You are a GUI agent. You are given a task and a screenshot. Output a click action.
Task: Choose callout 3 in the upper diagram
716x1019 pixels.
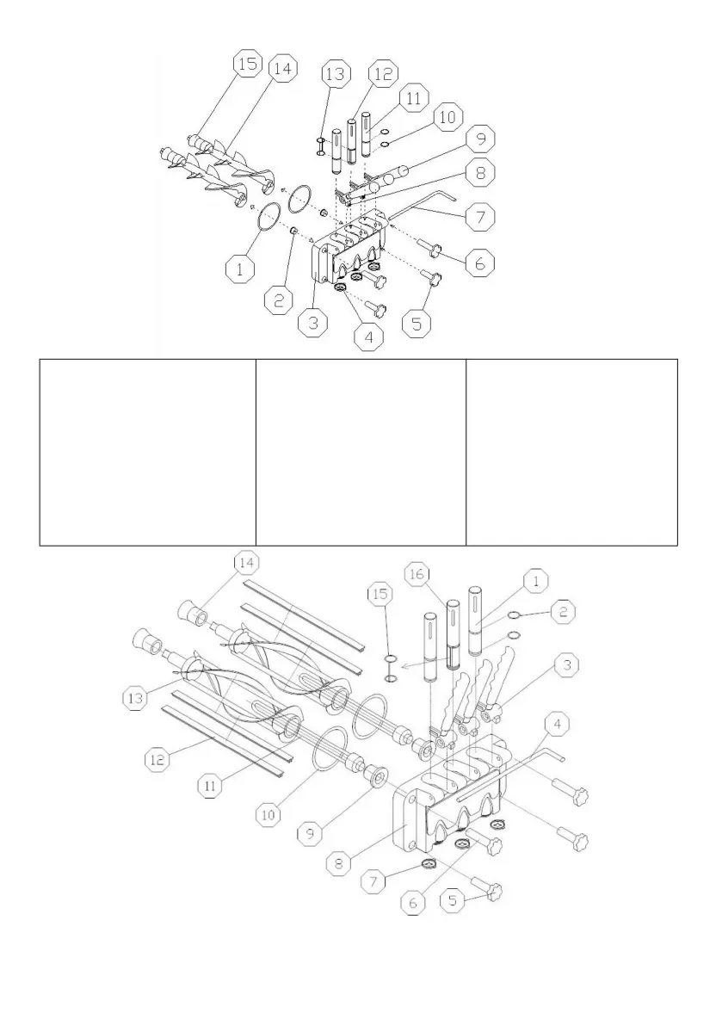pos(312,324)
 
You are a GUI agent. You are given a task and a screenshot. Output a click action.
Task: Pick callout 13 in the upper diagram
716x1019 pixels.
pos(336,76)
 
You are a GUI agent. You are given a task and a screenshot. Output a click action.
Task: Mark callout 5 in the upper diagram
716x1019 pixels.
pos(418,324)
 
